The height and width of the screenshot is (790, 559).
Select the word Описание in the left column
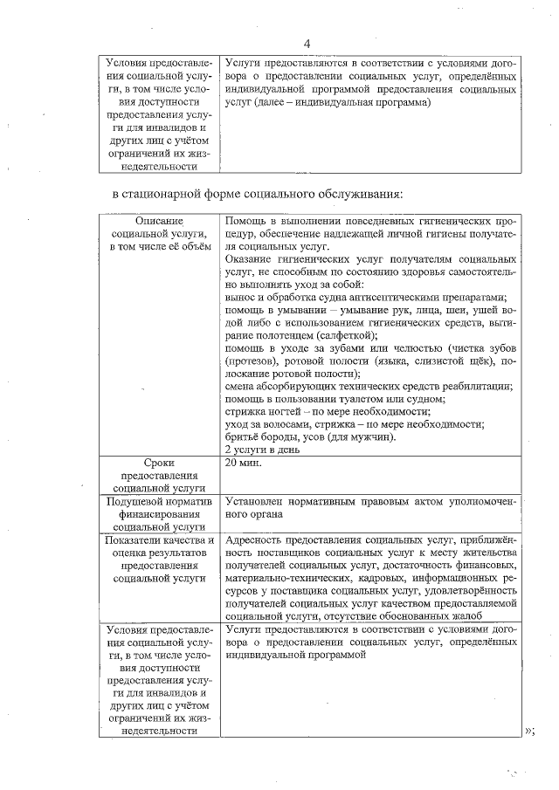click(x=157, y=222)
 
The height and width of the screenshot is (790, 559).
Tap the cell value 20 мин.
click(x=244, y=463)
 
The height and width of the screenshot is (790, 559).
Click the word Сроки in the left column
click(x=157, y=462)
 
